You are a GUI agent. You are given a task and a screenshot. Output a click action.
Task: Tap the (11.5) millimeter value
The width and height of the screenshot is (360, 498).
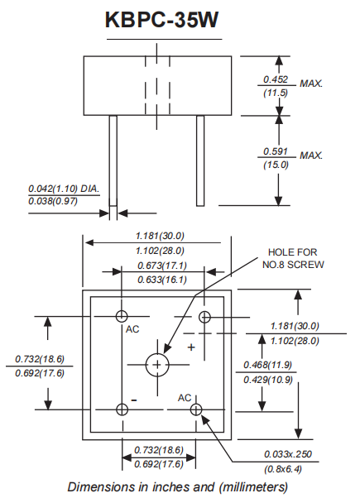point(276,93)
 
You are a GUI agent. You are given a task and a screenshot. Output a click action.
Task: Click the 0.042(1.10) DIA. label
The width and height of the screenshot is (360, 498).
point(63,189)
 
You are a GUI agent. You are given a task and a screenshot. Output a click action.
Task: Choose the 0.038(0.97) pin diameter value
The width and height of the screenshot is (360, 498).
point(53,201)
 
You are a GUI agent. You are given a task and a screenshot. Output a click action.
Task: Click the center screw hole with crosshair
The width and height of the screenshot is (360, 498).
point(157,364)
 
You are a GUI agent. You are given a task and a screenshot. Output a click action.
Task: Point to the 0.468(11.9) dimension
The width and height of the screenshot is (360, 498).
point(267,365)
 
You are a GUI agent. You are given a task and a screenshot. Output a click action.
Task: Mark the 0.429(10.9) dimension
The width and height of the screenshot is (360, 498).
point(267,379)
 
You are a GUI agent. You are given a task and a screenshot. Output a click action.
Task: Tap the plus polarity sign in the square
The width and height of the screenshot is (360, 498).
point(190,347)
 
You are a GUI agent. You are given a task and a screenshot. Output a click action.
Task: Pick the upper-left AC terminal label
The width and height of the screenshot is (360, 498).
point(132,329)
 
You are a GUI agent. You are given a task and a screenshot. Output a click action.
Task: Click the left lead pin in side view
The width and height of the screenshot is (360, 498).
point(113,160)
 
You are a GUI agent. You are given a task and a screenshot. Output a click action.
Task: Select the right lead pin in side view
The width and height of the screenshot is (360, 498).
point(199,160)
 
